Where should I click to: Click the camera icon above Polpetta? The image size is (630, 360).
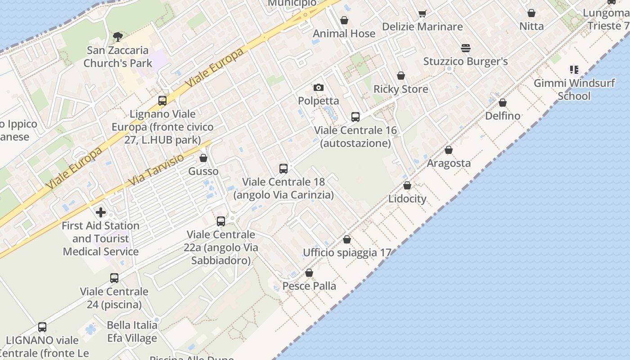(319, 87)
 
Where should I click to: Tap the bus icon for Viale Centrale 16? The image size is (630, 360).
(355, 117)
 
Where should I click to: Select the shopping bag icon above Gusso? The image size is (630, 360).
(203, 158)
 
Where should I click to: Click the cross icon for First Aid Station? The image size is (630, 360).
(101, 212)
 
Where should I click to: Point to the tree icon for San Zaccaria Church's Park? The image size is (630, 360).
(118, 36)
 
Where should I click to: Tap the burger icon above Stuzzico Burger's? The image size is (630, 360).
(465, 48)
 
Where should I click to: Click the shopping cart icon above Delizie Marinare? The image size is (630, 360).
(422, 13)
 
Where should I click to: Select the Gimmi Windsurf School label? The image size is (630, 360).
(574, 90)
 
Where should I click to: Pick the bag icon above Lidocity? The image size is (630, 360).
(407, 185)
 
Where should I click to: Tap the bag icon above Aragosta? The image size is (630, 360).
(449, 150)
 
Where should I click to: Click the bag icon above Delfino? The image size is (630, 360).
(503, 103)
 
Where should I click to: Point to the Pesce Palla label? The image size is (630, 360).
(309, 286)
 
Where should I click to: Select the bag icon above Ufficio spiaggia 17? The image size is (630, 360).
(347, 239)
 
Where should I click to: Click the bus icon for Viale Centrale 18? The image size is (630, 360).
(283, 169)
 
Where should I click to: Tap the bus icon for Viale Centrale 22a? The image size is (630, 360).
(221, 221)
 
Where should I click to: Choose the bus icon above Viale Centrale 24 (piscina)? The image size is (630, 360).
(114, 278)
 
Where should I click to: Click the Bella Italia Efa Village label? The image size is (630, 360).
(132, 332)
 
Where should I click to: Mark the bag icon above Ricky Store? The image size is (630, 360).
(401, 76)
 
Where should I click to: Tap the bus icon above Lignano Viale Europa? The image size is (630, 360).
(162, 101)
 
